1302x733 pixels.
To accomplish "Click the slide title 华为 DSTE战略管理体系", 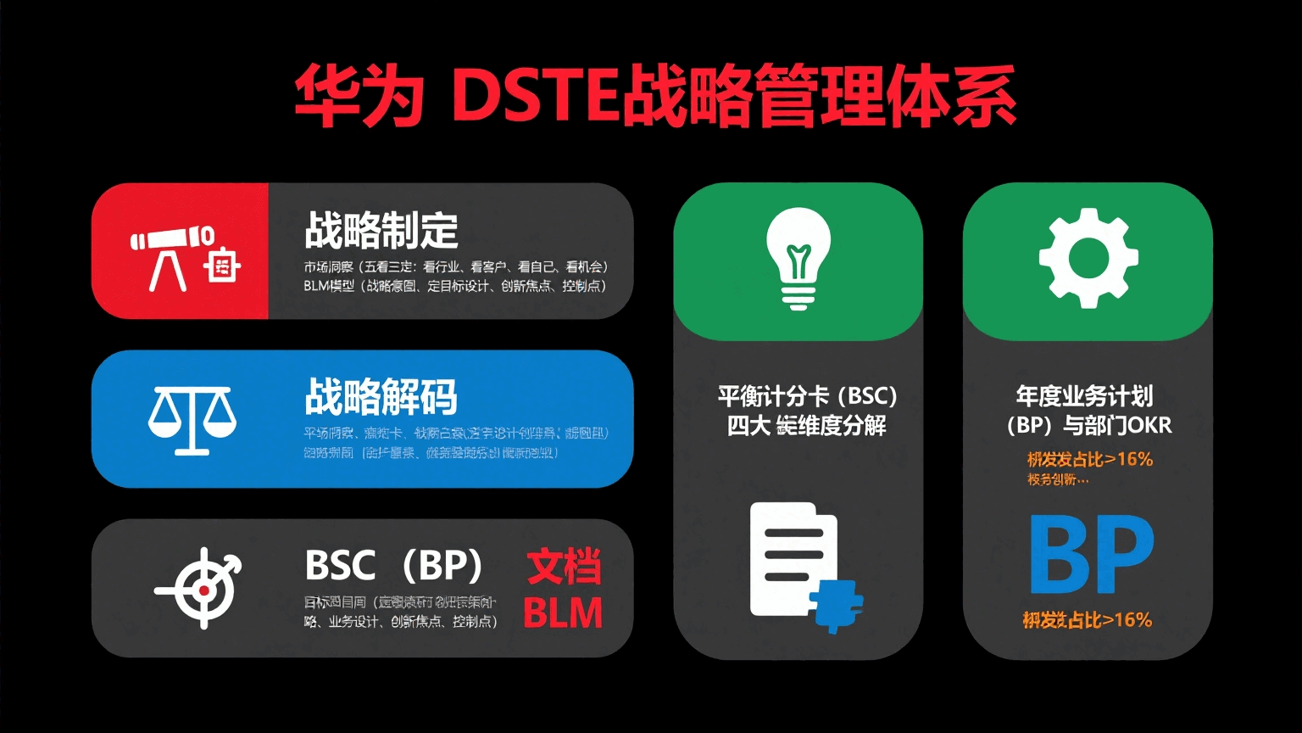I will tap(654, 95).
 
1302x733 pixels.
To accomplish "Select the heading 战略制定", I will tap(381, 230).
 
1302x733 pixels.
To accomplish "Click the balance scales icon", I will tap(192, 418).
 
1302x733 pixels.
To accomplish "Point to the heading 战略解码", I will tap(381, 396).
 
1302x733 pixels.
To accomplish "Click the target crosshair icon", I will tap(200, 587).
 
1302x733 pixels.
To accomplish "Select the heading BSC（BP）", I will tap(393, 565).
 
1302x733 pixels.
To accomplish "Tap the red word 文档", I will tap(564, 567).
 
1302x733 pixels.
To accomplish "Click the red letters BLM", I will tap(563, 613).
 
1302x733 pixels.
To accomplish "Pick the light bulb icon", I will tap(798, 256).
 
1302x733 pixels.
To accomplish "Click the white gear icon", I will tap(1088, 258).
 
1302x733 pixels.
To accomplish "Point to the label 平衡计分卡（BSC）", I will tap(807, 396).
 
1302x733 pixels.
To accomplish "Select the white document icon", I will tap(792, 559).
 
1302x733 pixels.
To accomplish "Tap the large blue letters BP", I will tap(1091, 556).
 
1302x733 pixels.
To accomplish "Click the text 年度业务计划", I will tap(1084, 396).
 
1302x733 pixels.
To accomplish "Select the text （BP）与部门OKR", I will tap(1088, 424).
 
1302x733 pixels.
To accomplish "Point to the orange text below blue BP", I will tap(1087, 620).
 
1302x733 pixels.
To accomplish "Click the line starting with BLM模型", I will tap(455, 287).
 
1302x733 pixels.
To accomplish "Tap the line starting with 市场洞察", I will tap(455, 267).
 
